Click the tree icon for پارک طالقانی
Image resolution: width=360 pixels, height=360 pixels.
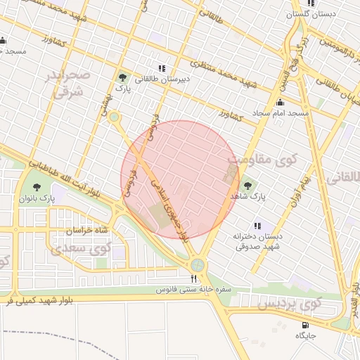point(124,77)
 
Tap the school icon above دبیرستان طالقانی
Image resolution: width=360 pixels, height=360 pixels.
point(163,69)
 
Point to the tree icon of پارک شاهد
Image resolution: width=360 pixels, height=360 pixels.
point(247,186)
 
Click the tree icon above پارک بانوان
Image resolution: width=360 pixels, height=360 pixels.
point(37,187)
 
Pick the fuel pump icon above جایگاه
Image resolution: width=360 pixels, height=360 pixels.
point(304,325)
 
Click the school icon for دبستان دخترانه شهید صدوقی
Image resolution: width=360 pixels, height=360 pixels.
point(257,226)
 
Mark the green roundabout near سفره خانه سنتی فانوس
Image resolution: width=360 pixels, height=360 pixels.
point(198,264)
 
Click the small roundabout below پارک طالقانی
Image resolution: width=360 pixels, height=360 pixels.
point(114,117)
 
